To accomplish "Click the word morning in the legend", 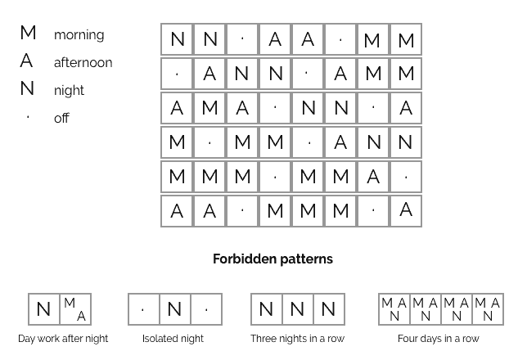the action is point(79,35).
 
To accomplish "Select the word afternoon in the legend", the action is point(83,62).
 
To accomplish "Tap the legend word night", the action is point(69,91).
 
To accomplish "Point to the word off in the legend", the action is point(61,118).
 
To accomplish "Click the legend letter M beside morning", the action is point(28,33).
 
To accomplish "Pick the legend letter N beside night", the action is point(27,88).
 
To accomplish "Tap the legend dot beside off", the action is point(28,117).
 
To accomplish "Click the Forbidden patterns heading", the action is point(273,259).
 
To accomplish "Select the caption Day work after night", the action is point(63,339).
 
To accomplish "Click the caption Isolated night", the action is point(173,339).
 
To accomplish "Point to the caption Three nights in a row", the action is point(297,339).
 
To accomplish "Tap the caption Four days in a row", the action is point(439,339).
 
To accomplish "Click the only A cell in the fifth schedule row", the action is point(373,177).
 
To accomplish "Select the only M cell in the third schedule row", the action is point(209,108).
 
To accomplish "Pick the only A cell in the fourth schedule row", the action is point(340,142).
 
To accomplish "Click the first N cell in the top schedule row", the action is point(177,39).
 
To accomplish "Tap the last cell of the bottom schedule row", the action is point(406,211).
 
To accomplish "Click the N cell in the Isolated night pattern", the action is point(175,309).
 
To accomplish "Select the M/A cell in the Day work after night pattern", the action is point(75,309).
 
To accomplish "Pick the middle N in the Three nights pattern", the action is point(298,309).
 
